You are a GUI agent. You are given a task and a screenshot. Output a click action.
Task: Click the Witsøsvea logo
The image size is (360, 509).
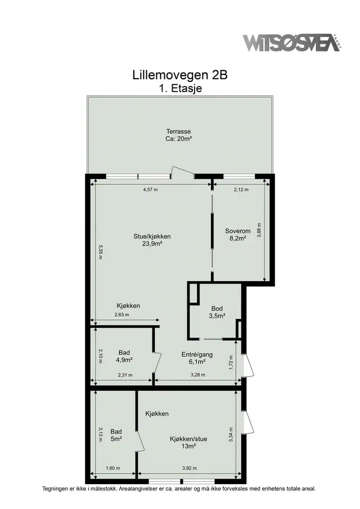tap(292, 43)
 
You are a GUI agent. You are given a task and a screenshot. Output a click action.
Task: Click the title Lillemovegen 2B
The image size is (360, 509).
tap(180, 75)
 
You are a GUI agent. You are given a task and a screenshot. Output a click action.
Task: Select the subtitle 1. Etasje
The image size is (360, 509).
tap(180, 88)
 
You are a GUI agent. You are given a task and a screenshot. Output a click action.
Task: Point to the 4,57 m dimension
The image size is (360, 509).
tap(150, 190)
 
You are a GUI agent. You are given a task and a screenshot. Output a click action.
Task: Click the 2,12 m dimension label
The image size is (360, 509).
tap(241, 190)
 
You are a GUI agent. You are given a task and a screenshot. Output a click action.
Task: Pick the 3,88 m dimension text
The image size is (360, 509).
tap(259, 230)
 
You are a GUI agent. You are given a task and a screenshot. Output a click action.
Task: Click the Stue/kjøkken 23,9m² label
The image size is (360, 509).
tap(152, 240)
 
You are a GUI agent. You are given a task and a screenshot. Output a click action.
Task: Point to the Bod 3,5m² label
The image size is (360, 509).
tap(217, 312)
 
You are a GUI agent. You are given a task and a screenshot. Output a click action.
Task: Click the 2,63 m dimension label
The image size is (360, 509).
tap(121, 314)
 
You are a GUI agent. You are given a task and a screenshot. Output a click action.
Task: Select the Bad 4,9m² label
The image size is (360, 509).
tap(124, 356)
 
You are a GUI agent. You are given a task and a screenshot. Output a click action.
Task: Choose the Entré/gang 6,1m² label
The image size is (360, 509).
tap(197, 358)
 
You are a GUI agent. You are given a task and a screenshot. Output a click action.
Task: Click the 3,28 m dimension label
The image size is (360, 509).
tap(197, 375)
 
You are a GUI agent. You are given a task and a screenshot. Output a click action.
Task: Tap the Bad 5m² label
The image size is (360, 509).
tap(116, 435)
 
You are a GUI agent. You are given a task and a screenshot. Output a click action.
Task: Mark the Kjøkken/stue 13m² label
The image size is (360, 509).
tap(188, 443)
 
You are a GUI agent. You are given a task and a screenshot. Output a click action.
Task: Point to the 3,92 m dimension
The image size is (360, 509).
tap(189, 468)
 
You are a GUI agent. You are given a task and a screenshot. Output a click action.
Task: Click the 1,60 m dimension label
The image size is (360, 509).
tap(112, 468)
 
